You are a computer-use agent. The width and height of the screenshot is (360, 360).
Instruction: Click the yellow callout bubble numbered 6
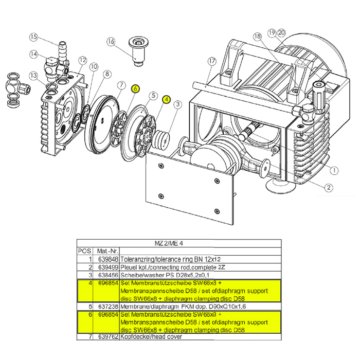tap(135, 88)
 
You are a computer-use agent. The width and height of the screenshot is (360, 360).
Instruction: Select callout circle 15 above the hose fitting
tap(34, 37)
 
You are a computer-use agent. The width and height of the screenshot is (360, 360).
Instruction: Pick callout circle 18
tap(257, 37)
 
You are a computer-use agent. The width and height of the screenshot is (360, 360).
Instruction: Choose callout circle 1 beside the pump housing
tap(333, 170)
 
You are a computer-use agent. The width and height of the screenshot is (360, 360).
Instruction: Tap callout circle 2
tap(328, 188)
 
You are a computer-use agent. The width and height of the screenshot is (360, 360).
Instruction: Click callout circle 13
tap(33, 76)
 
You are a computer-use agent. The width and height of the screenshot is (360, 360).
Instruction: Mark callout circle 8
tap(107, 74)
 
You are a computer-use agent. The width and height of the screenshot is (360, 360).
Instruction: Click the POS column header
tap(84, 251)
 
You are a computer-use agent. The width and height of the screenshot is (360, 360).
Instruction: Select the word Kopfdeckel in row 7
tap(134, 337)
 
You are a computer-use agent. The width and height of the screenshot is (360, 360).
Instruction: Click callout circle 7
tap(122, 85)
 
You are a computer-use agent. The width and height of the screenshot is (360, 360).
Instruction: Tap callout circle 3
tap(177, 105)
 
